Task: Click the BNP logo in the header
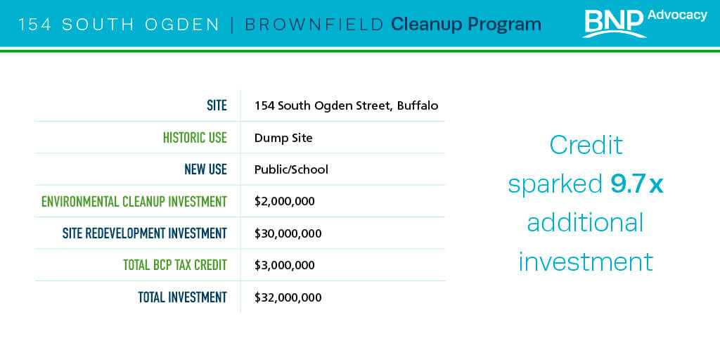[x=614, y=23]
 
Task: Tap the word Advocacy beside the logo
[x=677, y=15]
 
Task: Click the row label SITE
[x=217, y=105]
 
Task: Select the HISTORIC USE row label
[x=195, y=138]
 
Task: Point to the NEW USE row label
[x=206, y=169]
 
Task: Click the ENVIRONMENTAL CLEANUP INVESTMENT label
[x=134, y=202]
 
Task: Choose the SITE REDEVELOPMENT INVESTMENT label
[x=145, y=233]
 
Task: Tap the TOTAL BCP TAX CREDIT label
[x=175, y=265]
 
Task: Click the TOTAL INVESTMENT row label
[x=182, y=297]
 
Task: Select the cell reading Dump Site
[x=283, y=138]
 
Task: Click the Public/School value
[x=291, y=170]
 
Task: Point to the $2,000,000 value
[x=285, y=202]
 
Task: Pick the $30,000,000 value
[x=288, y=233]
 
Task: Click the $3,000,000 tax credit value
[x=285, y=265]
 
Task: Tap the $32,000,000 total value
[x=288, y=297]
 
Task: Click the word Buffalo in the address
[x=418, y=105]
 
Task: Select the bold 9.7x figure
[x=636, y=184]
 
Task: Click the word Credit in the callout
[x=586, y=145]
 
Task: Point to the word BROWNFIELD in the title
[x=314, y=25]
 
